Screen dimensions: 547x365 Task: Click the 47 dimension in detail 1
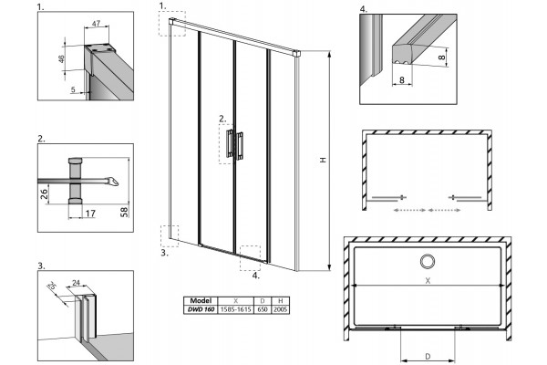coord(96,23)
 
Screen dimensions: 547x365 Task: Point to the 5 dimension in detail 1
coord(73,89)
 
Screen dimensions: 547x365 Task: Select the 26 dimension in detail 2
coord(44,193)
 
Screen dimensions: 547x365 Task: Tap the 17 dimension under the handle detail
coord(90,213)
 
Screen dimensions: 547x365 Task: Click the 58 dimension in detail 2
coord(124,212)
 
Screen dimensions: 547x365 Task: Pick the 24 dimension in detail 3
coord(76,283)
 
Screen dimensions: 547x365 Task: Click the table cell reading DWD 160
coord(201,309)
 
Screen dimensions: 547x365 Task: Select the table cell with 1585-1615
coord(236,309)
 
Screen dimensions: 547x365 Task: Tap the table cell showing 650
coord(263,309)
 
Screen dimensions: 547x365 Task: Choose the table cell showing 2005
coord(280,309)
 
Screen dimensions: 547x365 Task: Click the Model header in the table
coord(201,301)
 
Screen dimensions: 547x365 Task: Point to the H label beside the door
coord(323,160)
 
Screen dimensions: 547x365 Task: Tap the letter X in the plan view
coord(428,280)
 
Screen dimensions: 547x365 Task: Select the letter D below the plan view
coord(428,356)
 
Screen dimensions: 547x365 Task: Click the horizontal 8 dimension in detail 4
coord(401,79)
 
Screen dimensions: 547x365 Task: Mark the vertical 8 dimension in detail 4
coord(441,56)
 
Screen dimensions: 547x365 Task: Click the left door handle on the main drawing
coord(230,143)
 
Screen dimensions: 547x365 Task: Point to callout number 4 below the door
coord(256,276)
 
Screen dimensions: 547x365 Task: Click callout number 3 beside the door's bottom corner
coord(165,253)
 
